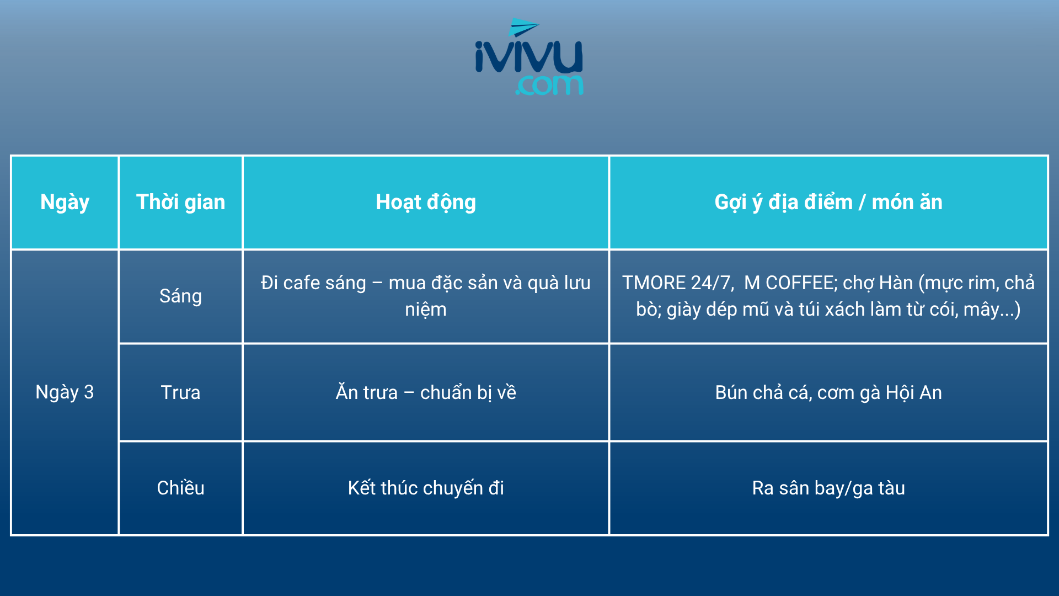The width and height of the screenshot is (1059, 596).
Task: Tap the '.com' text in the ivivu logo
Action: [x=549, y=85]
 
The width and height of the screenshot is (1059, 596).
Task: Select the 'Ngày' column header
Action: [x=65, y=203]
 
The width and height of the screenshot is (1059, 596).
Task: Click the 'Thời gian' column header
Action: [x=180, y=202]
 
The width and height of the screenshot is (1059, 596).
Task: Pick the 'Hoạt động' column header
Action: [x=425, y=203]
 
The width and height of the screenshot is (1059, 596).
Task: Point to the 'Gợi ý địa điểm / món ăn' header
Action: [x=828, y=203]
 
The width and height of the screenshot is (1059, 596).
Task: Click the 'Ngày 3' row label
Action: [x=65, y=392]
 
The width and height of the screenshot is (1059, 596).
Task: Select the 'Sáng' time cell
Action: [x=180, y=296]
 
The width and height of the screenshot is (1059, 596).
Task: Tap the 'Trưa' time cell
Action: [x=180, y=392]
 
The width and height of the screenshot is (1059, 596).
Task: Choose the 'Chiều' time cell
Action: [x=180, y=488]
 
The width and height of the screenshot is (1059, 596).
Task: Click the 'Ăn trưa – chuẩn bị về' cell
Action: [x=426, y=392]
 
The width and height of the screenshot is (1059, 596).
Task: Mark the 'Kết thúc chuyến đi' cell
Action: [x=426, y=488]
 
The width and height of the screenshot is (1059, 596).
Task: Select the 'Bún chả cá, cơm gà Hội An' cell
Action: [x=828, y=392]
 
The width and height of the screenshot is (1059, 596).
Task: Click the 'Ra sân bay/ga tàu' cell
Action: [x=828, y=488]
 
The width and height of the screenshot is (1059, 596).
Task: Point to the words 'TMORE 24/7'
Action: [x=677, y=283]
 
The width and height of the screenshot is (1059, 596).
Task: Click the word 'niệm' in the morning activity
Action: [x=426, y=310]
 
